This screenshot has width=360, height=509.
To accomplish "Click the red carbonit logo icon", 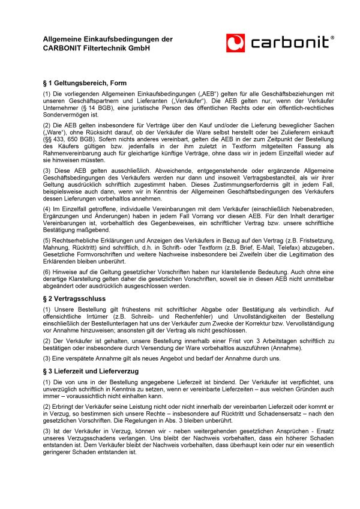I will pyautogui.click(x=235, y=42).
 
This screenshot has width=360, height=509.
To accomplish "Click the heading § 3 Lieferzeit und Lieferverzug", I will pyautogui.click(x=91, y=372).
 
